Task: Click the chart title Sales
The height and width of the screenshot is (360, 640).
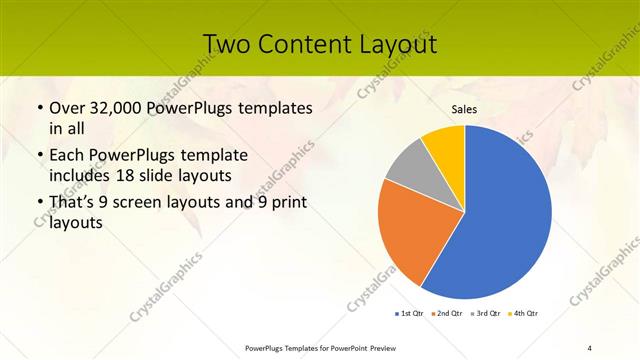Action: point(464,109)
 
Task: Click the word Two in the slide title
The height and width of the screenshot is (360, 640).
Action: point(228,45)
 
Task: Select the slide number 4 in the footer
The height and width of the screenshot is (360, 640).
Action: point(590,347)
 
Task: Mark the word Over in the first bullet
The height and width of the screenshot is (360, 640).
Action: point(66,107)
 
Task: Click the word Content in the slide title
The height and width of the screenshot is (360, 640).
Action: point(301,45)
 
